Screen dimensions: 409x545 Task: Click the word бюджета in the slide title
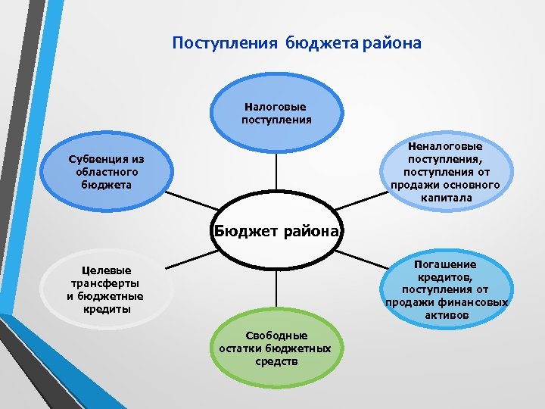coord(323,42)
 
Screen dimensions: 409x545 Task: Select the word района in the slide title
coord(393,42)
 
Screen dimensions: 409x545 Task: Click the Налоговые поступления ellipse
coord(276,114)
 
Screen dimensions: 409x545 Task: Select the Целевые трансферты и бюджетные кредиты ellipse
coord(105,291)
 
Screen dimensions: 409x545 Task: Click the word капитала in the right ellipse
coord(446,198)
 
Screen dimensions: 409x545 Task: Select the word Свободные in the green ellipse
coord(276,336)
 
